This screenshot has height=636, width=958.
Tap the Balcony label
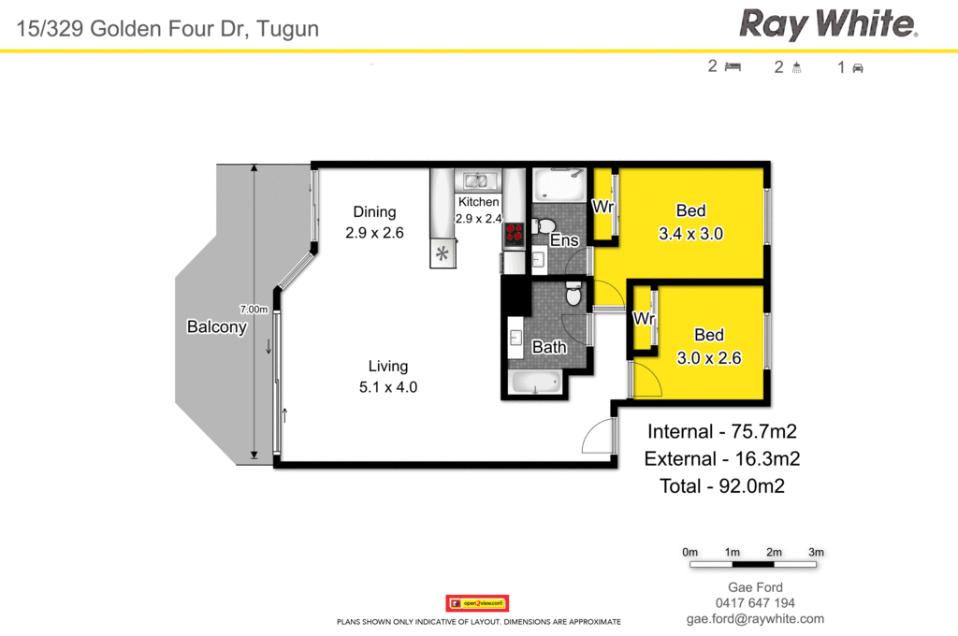coord(216,327)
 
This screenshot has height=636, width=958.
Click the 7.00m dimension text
coord(254,309)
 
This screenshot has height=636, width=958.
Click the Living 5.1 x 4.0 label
coord(387,376)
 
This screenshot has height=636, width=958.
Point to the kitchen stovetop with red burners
coord(514,234)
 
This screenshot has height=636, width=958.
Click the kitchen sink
coord(478,181)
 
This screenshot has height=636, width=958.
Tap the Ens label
coord(564,240)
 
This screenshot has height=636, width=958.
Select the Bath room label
coord(549,347)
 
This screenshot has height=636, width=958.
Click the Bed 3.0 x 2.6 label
coord(708,346)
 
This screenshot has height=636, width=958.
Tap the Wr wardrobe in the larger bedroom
coord(603,206)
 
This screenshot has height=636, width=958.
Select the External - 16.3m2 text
coord(722,458)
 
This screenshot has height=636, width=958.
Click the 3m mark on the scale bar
coord(816,552)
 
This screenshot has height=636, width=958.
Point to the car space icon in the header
coord(857,67)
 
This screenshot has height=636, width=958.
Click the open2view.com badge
coord(477,603)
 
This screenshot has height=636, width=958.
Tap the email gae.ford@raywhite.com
coord(755,619)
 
